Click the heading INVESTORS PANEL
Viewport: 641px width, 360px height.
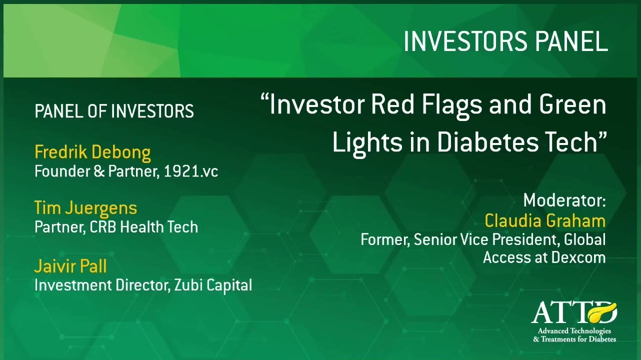point(505,41)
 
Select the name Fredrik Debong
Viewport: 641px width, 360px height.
point(92,152)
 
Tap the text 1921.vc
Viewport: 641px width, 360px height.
point(191,171)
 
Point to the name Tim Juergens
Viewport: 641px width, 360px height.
point(85,208)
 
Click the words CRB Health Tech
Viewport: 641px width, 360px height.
point(144,227)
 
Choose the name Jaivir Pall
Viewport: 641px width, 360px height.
point(70,266)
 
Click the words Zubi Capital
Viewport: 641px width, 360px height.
point(213,285)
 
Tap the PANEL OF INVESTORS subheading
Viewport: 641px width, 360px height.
point(114,111)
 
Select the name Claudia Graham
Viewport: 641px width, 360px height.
point(545,221)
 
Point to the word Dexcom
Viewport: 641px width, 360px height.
point(578,257)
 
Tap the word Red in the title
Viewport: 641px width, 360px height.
point(392,104)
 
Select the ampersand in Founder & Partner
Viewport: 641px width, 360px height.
point(99,171)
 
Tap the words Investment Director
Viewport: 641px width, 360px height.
point(101,285)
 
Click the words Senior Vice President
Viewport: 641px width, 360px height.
point(486,239)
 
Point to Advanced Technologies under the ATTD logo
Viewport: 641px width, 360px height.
point(574,331)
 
